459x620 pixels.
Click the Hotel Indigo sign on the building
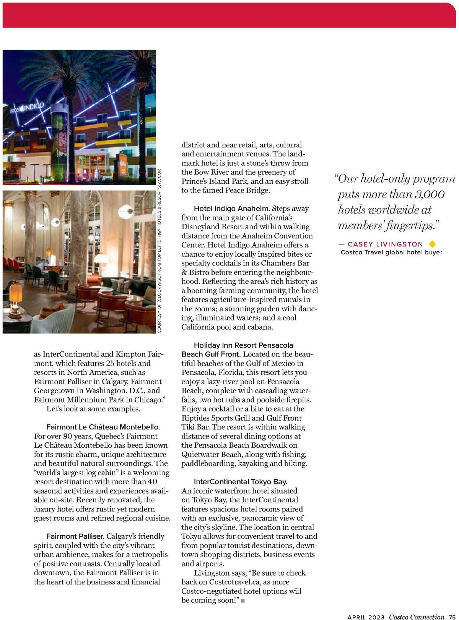pos(28,107)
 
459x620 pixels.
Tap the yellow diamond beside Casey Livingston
pos(433,244)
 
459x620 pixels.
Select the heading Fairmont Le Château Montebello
pos(103,427)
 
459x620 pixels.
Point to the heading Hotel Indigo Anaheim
pos(232,209)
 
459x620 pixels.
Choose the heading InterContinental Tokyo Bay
pos(240,481)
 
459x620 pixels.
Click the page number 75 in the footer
pos(452,617)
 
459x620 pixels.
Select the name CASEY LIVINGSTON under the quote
pos(385,244)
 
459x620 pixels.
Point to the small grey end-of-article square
pos(243,601)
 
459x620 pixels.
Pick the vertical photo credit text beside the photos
pos(160,251)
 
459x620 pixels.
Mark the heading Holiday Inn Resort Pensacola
pos(243,345)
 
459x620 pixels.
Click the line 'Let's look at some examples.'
pos(93,409)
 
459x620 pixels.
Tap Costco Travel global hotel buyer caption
pos(391,252)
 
